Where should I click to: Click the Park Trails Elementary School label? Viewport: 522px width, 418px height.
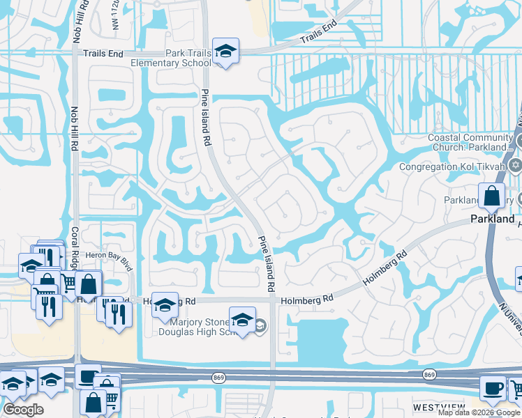tap(171, 59)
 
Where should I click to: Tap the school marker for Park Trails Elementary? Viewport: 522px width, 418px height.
tap(226, 52)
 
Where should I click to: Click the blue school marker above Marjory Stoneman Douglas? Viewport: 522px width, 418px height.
tap(242, 320)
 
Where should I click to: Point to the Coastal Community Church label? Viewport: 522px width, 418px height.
tap(471, 142)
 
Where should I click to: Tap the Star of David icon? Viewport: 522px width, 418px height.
tap(516, 166)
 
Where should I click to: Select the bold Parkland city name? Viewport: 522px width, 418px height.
tap(493, 219)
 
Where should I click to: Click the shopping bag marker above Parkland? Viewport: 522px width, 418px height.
tap(492, 196)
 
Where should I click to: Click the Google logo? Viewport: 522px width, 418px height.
tap(23, 410)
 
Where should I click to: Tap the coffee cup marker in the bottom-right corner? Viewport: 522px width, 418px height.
tap(493, 387)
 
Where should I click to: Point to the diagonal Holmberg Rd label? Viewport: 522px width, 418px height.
tap(385, 270)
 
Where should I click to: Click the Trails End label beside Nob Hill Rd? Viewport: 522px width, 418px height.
tap(103, 54)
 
